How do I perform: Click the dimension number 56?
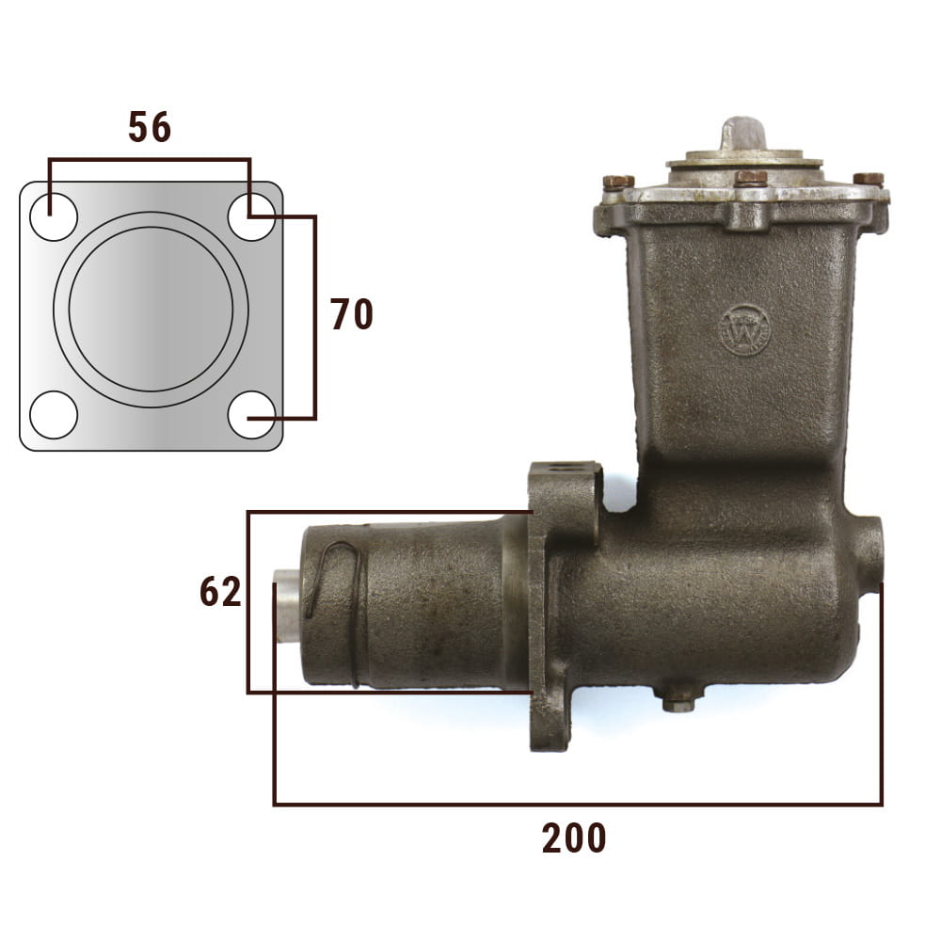(150, 127)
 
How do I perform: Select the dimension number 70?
(352, 314)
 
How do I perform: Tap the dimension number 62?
(220, 591)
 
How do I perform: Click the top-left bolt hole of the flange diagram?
(54, 216)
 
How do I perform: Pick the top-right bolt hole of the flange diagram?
(251, 216)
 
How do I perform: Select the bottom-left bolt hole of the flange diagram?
(54, 415)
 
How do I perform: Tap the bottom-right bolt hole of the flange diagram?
(251, 415)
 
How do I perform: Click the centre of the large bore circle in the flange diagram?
(152, 309)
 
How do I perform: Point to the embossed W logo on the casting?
(745, 330)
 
